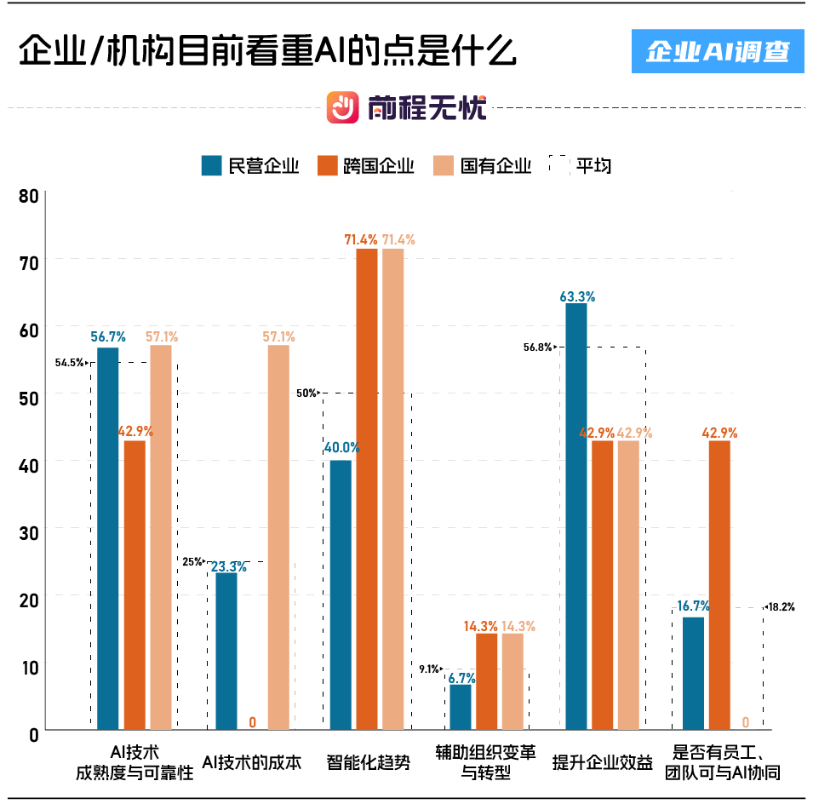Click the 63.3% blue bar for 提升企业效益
tap(576, 516)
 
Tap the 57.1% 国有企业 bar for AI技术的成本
tap(278, 537)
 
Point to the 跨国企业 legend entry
tap(366, 165)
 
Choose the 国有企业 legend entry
tap(482, 165)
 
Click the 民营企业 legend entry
tap(250, 165)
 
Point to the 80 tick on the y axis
tap(29, 196)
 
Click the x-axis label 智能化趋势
tap(368, 762)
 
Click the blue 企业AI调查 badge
tap(717, 52)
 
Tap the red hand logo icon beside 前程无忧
tap(344, 107)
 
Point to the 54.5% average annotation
tap(70, 362)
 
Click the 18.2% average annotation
tap(781, 607)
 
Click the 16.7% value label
tap(693, 606)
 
